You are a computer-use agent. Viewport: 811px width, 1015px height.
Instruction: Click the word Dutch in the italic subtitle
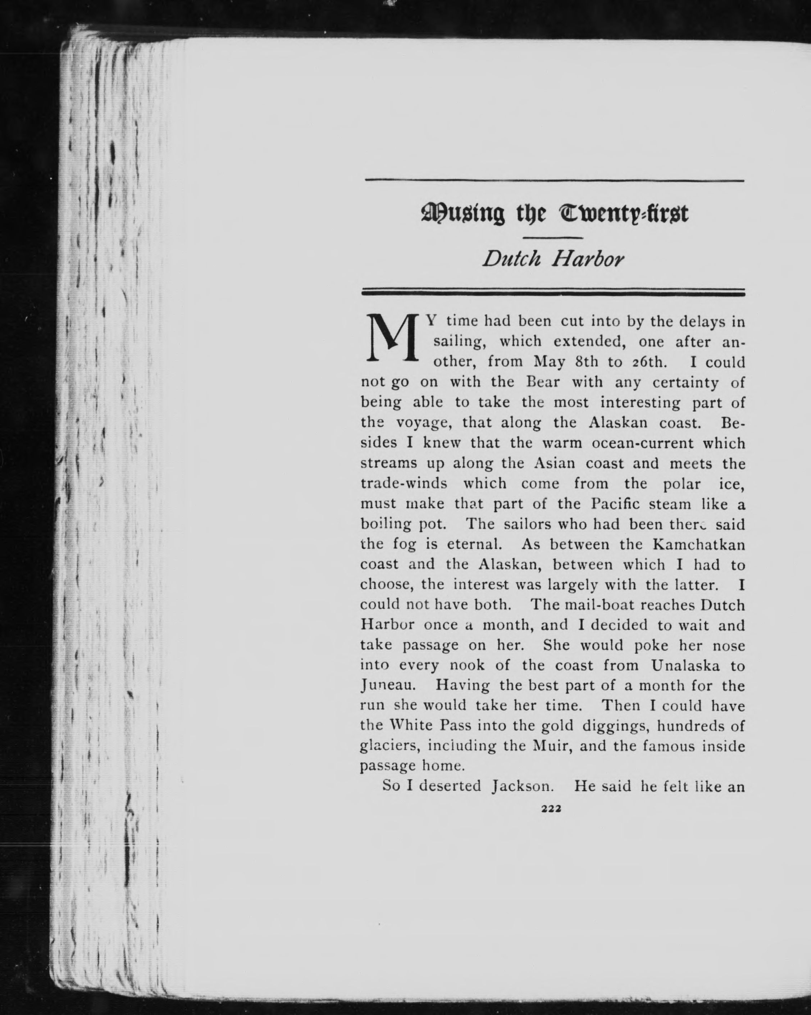point(512,259)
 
